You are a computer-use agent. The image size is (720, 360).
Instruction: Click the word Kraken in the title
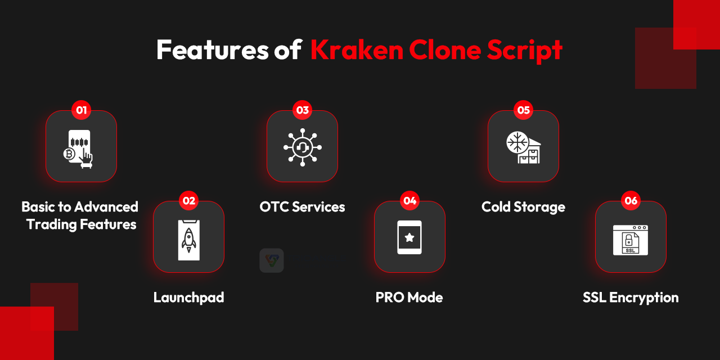[x=356, y=50]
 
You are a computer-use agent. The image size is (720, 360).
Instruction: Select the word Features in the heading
[x=212, y=50]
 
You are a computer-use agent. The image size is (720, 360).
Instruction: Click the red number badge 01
[x=82, y=110]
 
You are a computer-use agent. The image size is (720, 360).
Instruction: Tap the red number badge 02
[x=189, y=200]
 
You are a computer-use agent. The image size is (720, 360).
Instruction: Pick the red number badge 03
[x=303, y=110]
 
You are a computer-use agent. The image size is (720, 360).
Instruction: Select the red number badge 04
[x=409, y=200]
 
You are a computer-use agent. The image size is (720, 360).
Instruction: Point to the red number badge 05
[x=524, y=110]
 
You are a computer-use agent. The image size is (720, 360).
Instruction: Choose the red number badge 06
[x=631, y=200]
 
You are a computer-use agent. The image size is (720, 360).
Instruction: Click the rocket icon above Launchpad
[x=188, y=238]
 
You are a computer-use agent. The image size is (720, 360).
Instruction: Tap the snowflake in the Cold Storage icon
[x=515, y=141]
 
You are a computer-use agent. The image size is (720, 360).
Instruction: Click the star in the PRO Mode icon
[x=409, y=237]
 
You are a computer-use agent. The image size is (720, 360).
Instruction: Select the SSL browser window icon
[x=631, y=240]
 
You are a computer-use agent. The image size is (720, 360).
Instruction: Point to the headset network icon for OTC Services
[x=302, y=147]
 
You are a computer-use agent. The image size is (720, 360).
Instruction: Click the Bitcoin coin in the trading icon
[x=70, y=154]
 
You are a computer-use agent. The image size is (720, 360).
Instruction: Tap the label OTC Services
[x=302, y=206]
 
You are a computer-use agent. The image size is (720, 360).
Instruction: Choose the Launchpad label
[x=188, y=297]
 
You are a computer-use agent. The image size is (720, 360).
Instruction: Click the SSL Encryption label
[x=631, y=297]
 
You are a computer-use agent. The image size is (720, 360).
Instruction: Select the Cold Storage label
[x=523, y=206]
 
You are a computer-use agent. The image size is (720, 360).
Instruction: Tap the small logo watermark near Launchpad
[x=272, y=260]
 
